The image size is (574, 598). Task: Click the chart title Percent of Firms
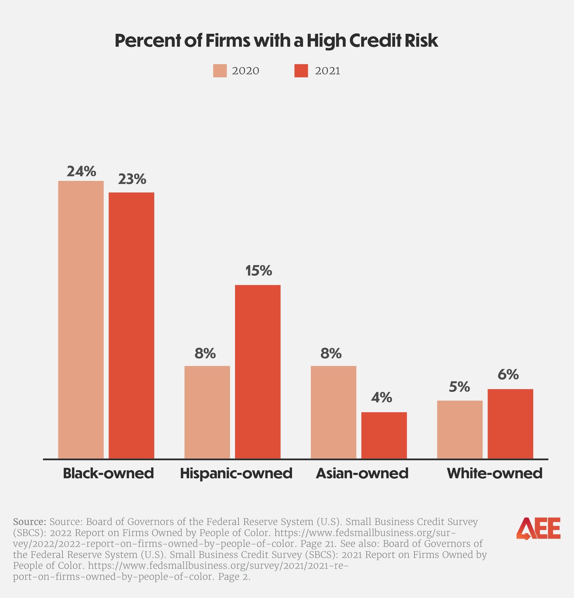click(276, 41)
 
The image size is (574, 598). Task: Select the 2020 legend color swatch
click(220, 71)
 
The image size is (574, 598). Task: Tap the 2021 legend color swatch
click(301, 71)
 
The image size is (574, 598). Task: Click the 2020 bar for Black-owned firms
click(81, 320)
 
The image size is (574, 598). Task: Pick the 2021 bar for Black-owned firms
click(131, 325)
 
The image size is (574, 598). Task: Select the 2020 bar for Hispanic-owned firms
click(207, 412)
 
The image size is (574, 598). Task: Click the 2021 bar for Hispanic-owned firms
click(258, 372)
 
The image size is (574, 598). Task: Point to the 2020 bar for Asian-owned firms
click(334, 412)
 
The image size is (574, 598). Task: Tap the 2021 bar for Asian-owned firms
click(384, 435)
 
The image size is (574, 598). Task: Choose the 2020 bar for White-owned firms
click(460, 429)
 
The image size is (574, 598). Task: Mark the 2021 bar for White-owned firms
click(510, 423)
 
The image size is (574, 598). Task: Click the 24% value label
click(81, 171)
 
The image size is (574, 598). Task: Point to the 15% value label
click(258, 271)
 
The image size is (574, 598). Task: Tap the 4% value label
click(381, 398)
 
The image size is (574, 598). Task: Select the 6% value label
click(508, 375)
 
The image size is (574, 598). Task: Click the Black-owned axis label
click(108, 474)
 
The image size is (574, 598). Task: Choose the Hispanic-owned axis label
click(236, 474)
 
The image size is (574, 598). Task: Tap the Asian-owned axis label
click(362, 474)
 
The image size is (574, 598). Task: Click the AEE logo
click(538, 528)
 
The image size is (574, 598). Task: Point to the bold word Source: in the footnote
click(30, 521)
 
